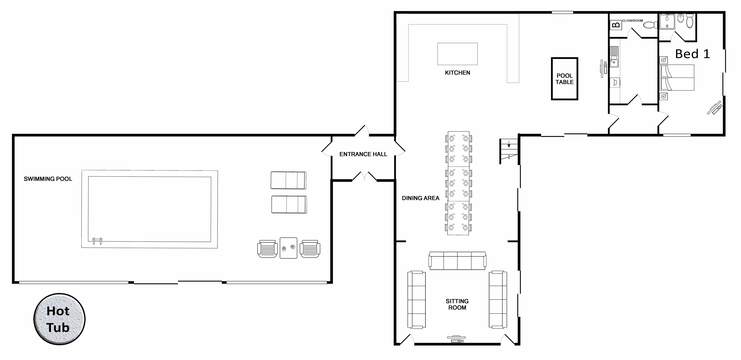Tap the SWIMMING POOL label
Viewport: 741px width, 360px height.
click(x=48, y=179)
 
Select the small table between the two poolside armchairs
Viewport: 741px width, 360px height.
click(x=288, y=248)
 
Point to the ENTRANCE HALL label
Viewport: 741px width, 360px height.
click(x=363, y=154)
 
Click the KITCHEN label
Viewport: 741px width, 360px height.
click(x=457, y=73)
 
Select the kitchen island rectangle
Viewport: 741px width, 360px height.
click(x=457, y=54)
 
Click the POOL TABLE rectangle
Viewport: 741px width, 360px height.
click(x=564, y=79)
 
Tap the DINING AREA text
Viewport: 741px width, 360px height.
click(x=421, y=198)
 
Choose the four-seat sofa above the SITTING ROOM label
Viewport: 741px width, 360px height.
click(x=457, y=261)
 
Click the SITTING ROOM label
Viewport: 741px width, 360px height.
click(x=457, y=304)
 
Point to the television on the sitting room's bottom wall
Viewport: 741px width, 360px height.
click(x=456, y=339)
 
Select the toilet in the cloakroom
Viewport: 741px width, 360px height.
click(x=650, y=25)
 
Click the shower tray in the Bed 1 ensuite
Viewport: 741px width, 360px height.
click(x=667, y=22)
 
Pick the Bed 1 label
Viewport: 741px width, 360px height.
click(x=693, y=54)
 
